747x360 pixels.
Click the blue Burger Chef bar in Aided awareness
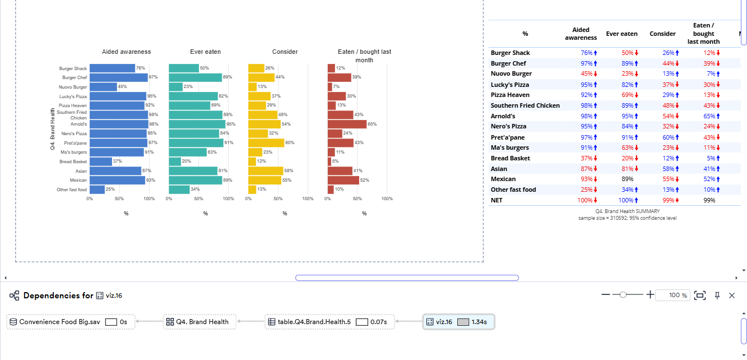pyautogui.click(x=118, y=77)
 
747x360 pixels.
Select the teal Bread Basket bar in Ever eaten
pyautogui.click(x=175, y=161)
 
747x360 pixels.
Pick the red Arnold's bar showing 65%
pyautogui.click(x=347, y=124)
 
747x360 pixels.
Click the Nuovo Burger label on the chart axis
pyautogui.click(x=73, y=87)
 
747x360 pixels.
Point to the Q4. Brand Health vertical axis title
pyautogui.click(x=52, y=128)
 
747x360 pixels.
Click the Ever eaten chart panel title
pyautogui.click(x=205, y=52)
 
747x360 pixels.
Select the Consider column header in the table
pyautogui.click(x=662, y=34)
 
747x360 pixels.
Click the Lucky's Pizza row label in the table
pyautogui.click(x=510, y=84)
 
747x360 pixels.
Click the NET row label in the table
pyautogui.click(x=497, y=200)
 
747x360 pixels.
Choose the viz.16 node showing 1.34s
pyautogui.click(x=458, y=322)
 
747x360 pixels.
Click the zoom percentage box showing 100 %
pyautogui.click(x=672, y=296)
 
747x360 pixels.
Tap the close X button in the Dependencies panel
pyautogui.click(x=731, y=296)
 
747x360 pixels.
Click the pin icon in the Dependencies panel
pyautogui.click(x=717, y=296)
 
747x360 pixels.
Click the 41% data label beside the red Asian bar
pyautogui.click(x=358, y=170)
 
